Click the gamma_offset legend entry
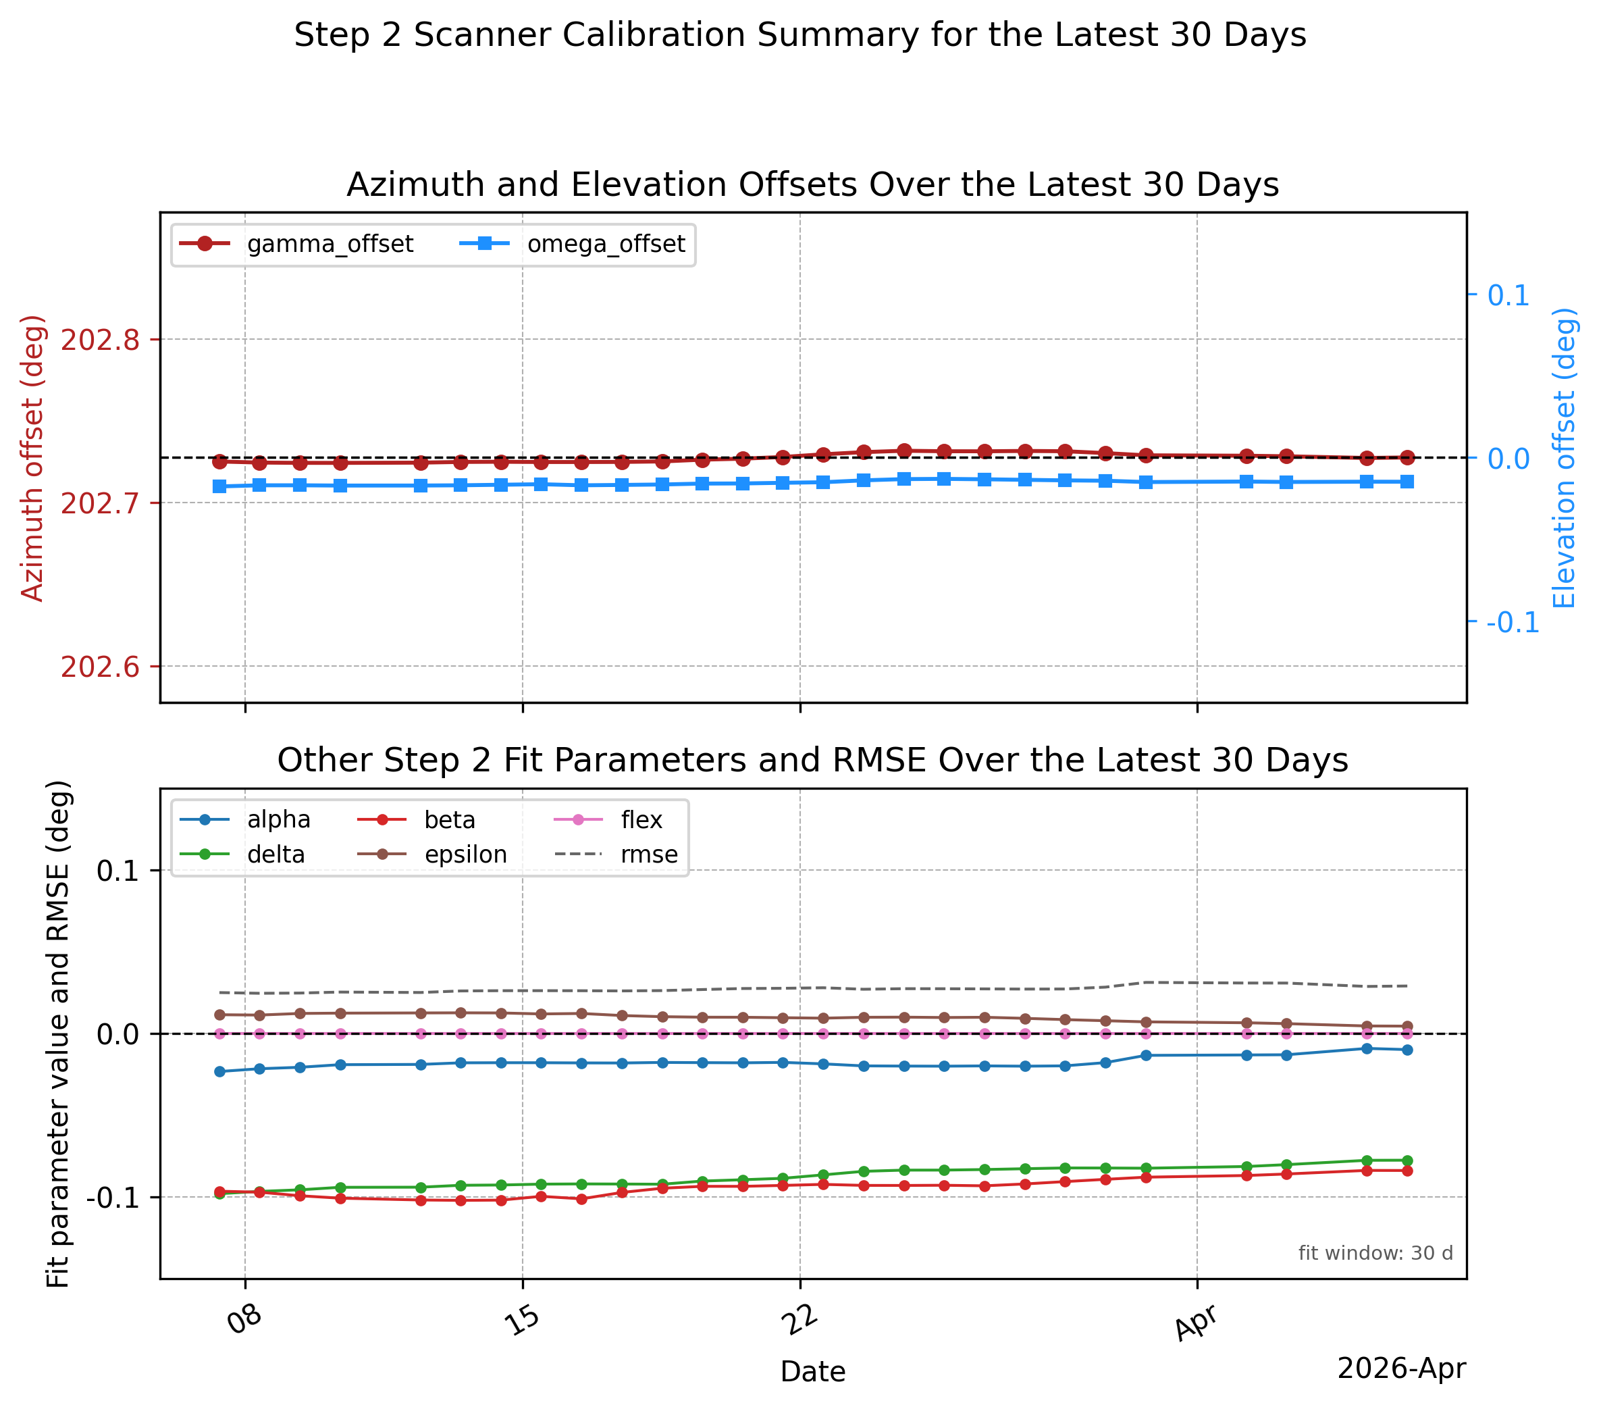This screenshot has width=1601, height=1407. (296, 245)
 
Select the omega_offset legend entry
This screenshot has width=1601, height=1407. (572, 245)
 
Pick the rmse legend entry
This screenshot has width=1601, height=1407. (616, 854)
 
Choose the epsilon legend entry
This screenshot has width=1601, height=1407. (432, 854)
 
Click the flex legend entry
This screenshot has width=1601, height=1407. (608, 819)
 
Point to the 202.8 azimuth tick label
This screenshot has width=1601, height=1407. (100, 340)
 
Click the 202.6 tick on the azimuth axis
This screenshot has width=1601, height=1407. (100, 667)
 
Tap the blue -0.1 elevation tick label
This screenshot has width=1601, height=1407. (1513, 622)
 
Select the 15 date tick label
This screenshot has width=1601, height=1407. (522, 1319)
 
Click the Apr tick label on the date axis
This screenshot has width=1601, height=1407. (1196, 1323)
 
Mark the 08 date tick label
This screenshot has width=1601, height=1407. (244, 1319)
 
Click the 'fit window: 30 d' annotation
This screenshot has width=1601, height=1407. (1375, 1254)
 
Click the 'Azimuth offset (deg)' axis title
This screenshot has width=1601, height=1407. (32, 458)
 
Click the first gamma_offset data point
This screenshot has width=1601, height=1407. (219, 461)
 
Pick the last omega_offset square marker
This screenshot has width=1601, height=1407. (1407, 482)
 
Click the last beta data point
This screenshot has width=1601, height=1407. (1407, 1171)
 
